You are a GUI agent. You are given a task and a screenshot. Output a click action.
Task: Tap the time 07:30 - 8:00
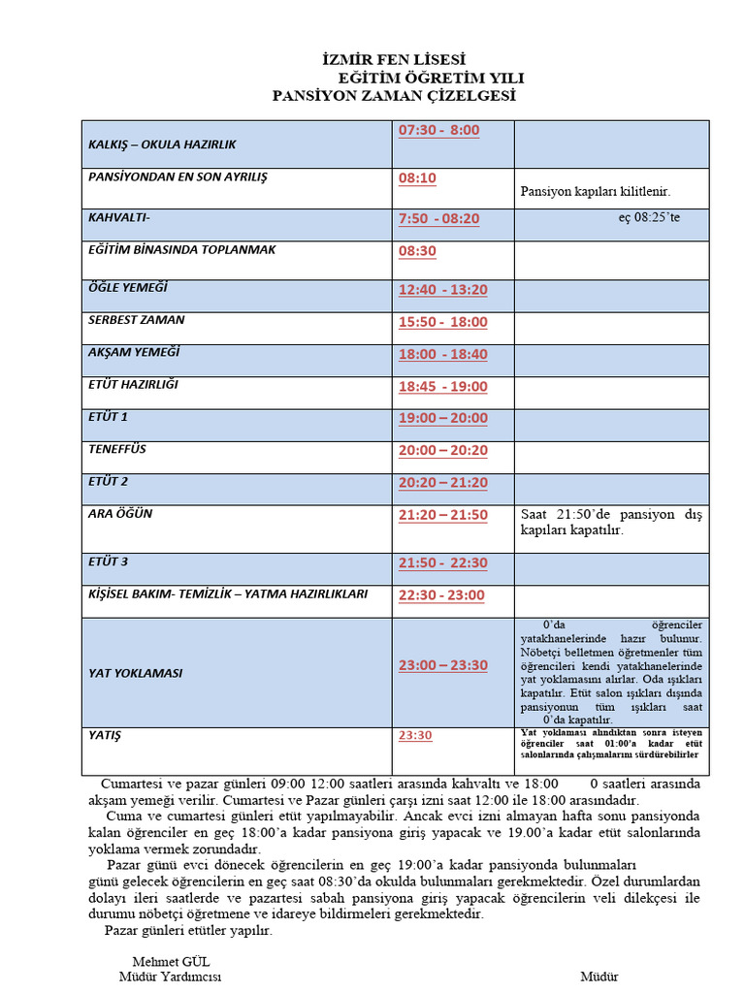438,130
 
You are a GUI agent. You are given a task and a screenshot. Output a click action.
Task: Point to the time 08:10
417,178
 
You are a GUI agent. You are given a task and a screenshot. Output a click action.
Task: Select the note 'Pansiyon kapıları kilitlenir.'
595,192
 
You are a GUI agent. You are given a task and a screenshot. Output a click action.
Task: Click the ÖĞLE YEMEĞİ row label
128,288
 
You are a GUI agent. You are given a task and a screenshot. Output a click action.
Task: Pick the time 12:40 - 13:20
442,290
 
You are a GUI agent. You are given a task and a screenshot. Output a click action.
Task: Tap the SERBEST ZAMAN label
136,320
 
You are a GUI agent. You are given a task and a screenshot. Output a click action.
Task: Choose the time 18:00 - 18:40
442,355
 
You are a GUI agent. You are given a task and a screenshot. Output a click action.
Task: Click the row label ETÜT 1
108,417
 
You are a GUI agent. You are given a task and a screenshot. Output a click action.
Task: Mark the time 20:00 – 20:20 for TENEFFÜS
442,451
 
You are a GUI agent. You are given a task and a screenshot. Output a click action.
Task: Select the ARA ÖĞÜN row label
120,514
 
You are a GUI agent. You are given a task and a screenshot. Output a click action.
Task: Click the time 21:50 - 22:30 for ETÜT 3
442,563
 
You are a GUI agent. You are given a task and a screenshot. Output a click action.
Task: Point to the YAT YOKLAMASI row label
135,673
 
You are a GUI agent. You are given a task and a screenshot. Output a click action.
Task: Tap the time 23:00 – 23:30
442,665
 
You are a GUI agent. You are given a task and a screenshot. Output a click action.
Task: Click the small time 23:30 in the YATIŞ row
415,736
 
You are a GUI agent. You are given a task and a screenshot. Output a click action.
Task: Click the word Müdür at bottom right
599,977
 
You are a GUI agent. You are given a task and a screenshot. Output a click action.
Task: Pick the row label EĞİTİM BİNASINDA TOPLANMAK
181,250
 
